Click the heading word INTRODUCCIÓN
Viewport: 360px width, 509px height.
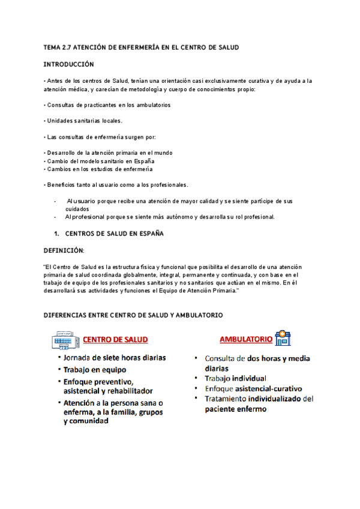click(70, 63)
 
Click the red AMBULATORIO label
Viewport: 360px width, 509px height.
click(246, 339)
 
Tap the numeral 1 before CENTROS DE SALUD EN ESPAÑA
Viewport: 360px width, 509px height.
click(55, 233)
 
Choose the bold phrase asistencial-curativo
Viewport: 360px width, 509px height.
click(269, 388)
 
